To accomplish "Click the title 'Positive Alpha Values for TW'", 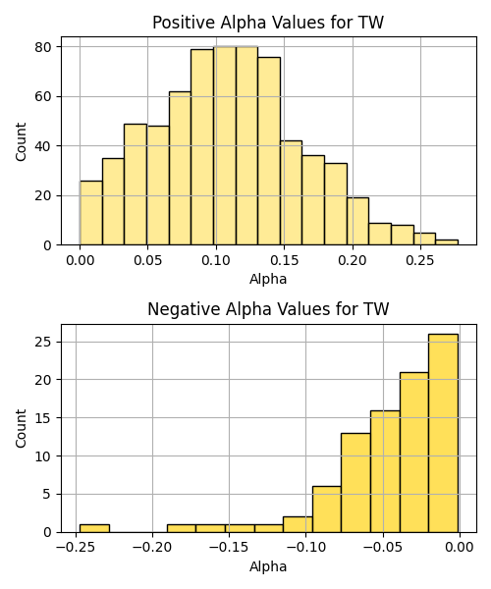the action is [268, 23].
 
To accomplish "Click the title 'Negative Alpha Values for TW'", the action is [268, 309].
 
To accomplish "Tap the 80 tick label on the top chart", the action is [43, 47].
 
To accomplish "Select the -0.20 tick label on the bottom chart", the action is [152, 548].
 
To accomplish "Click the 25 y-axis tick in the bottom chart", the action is [43, 343].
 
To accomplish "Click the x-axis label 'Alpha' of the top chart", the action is [268, 279].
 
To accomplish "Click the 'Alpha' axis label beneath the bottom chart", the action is [268, 566].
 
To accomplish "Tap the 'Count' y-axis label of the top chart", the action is [21, 141].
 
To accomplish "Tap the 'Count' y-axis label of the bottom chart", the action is [21, 429].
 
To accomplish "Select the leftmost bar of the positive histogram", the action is [91, 213].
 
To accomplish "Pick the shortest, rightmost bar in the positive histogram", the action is [447, 242].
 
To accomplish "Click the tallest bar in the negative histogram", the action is [443, 433].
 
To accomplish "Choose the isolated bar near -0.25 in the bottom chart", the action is [94, 528].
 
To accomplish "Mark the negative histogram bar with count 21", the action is [414, 453].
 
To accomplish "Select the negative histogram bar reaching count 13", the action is [355, 483].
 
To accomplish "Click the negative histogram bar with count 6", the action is [327, 509].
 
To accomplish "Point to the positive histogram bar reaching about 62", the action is [180, 168].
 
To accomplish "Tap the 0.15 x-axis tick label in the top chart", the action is [284, 260].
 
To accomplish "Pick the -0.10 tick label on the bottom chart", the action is [305, 548].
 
